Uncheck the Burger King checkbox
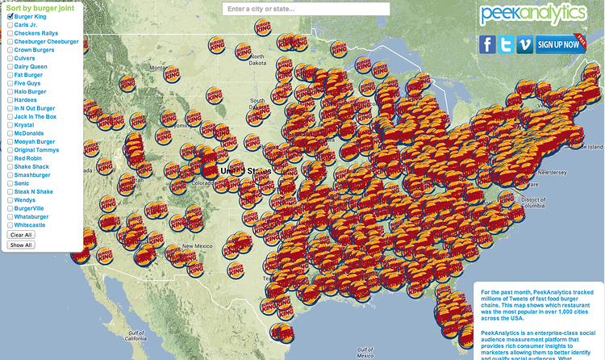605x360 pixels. [x=10, y=16]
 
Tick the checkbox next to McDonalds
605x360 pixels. [x=10, y=133]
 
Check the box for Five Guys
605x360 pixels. [x=10, y=83]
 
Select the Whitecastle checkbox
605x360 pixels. [x=10, y=225]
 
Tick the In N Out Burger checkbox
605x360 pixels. [x=10, y=108]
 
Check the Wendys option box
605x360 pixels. [x=10, y=200]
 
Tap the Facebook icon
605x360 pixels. [x=487, y=44]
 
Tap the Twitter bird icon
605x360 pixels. [x=507, y=44]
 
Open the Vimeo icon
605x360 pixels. [x=525, y=44]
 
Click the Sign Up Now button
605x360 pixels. [x=560, y=44]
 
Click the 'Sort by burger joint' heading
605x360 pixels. [x=37, y=6]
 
